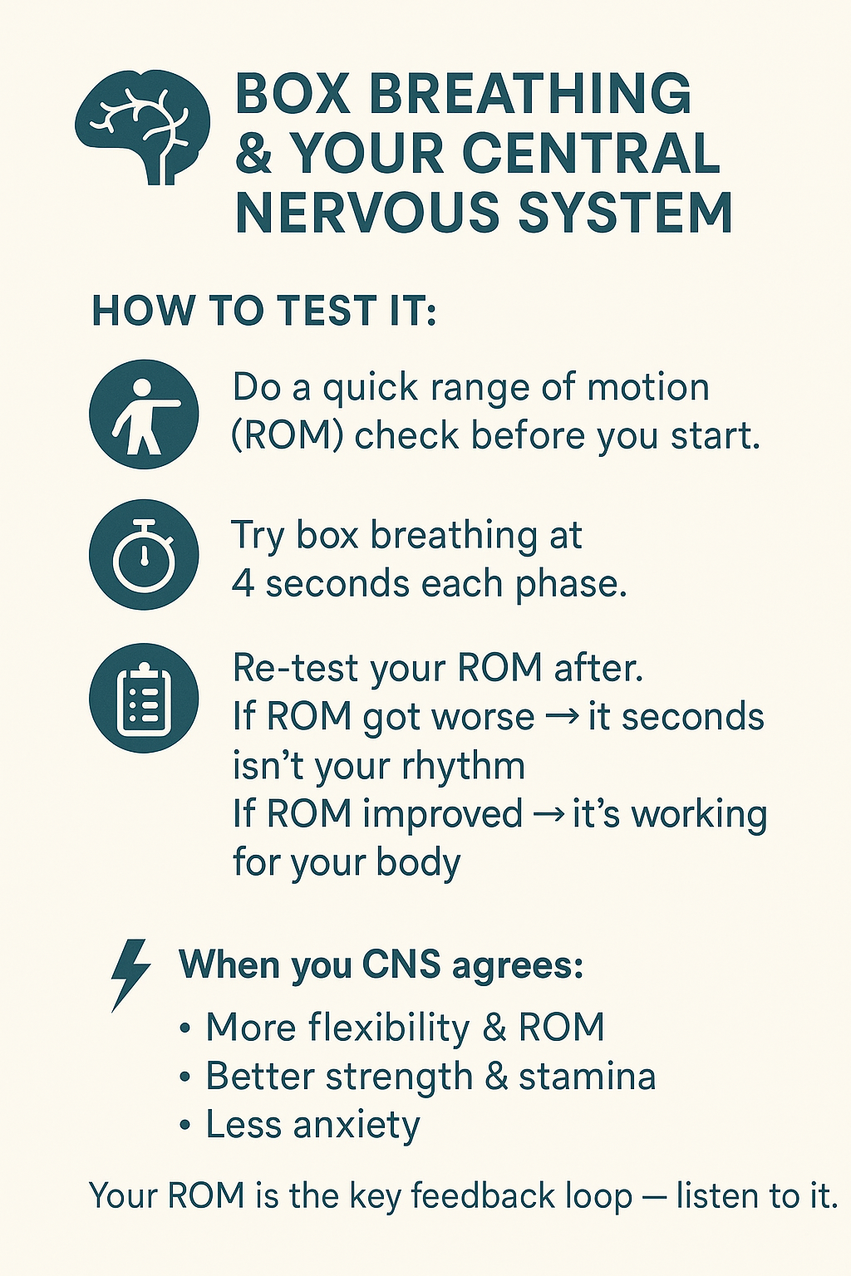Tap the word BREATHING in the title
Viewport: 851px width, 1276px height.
pyautogui.click(x=529, y=94)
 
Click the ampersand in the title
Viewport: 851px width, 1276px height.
pyautogui.click(x=253, y=154)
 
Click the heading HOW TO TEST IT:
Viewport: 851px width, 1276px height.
pyautogui.click(x=263, y=312)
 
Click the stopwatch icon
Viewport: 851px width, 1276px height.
pyautogui.click(x=144, y=556)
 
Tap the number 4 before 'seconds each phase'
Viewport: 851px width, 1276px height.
pyautogui.click(x=243, y=584)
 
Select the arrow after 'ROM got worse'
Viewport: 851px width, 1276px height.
pyautogui.click(x=561, y=717)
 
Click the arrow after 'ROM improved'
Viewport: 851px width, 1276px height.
pyautogui.click(x=548, y=814)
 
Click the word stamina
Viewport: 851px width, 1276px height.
pyautogui.click(x=587, y=1077)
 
